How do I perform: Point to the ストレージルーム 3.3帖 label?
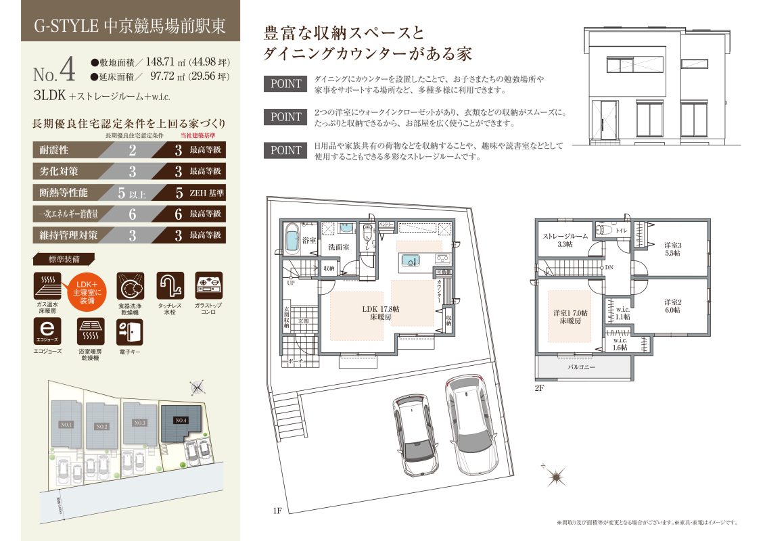565,240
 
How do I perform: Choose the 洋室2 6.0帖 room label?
672,305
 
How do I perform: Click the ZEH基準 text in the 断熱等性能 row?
206,193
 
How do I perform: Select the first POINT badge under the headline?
285,84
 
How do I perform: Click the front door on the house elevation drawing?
604,120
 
